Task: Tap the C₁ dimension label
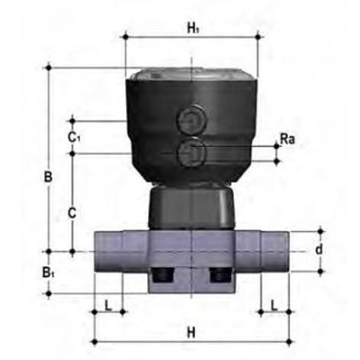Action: [73, 137]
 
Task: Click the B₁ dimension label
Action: [48, 272]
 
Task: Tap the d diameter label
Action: [320, 249]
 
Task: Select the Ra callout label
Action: [288, 139]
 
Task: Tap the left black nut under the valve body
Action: [162, 275]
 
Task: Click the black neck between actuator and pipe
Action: [190, 208]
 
